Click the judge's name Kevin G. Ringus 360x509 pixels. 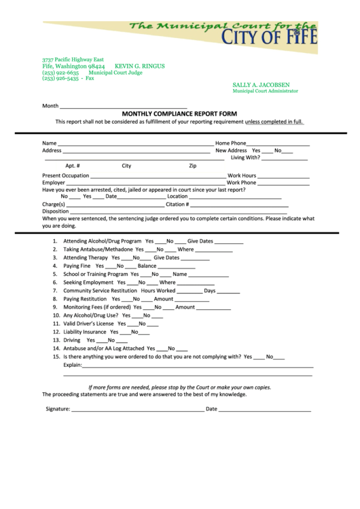[139, 67]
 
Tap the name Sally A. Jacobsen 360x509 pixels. [261, 85]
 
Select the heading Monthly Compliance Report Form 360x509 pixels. [179, 113]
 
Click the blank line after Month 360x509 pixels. [124, 107]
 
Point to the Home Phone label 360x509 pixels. [231, 143]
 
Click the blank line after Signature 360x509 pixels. [137, 409]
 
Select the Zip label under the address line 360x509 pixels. [193, 166]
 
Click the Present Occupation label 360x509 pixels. [65, 175]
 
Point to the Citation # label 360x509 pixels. [177, 204]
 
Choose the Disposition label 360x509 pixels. [56, 211]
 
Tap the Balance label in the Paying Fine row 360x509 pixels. [147, 266]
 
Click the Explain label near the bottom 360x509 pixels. [73, 365]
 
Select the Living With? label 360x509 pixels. [245, 158]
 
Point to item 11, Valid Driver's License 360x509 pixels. [88, 323]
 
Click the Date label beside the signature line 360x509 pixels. [211, 409]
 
